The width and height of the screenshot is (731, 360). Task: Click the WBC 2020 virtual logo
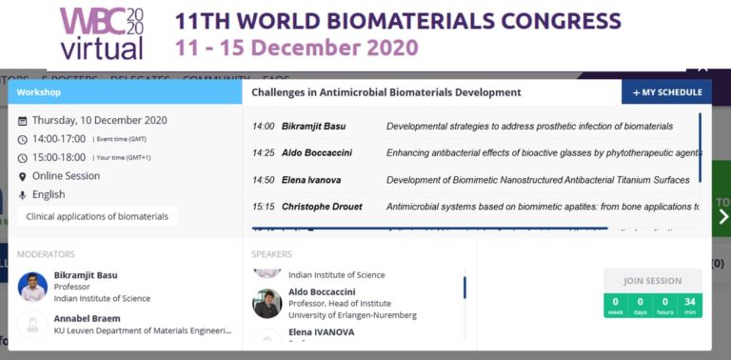(102, 33)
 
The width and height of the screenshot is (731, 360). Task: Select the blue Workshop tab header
(125, 92)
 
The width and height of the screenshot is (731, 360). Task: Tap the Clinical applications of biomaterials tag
(97, 216)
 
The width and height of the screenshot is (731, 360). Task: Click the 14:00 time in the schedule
(264, 127)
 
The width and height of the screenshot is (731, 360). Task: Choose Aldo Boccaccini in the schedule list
(318, 153)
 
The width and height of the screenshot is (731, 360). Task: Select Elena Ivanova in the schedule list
(311, 180)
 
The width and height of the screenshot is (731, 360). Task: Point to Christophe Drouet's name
(322, 207)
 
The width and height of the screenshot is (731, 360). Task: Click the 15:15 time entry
(264, 207)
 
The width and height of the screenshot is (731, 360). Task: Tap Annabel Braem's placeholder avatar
(32, 325)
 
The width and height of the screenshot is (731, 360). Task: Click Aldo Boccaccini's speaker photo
(267, 303)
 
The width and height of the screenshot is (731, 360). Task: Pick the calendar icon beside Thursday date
(23, 121)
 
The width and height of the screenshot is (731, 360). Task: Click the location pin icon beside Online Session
(23, 176)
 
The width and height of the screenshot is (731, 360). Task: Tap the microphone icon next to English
(23, 195)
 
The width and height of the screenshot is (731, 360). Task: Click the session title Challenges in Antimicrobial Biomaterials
(386, 92)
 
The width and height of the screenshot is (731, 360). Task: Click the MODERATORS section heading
(46, 254)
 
